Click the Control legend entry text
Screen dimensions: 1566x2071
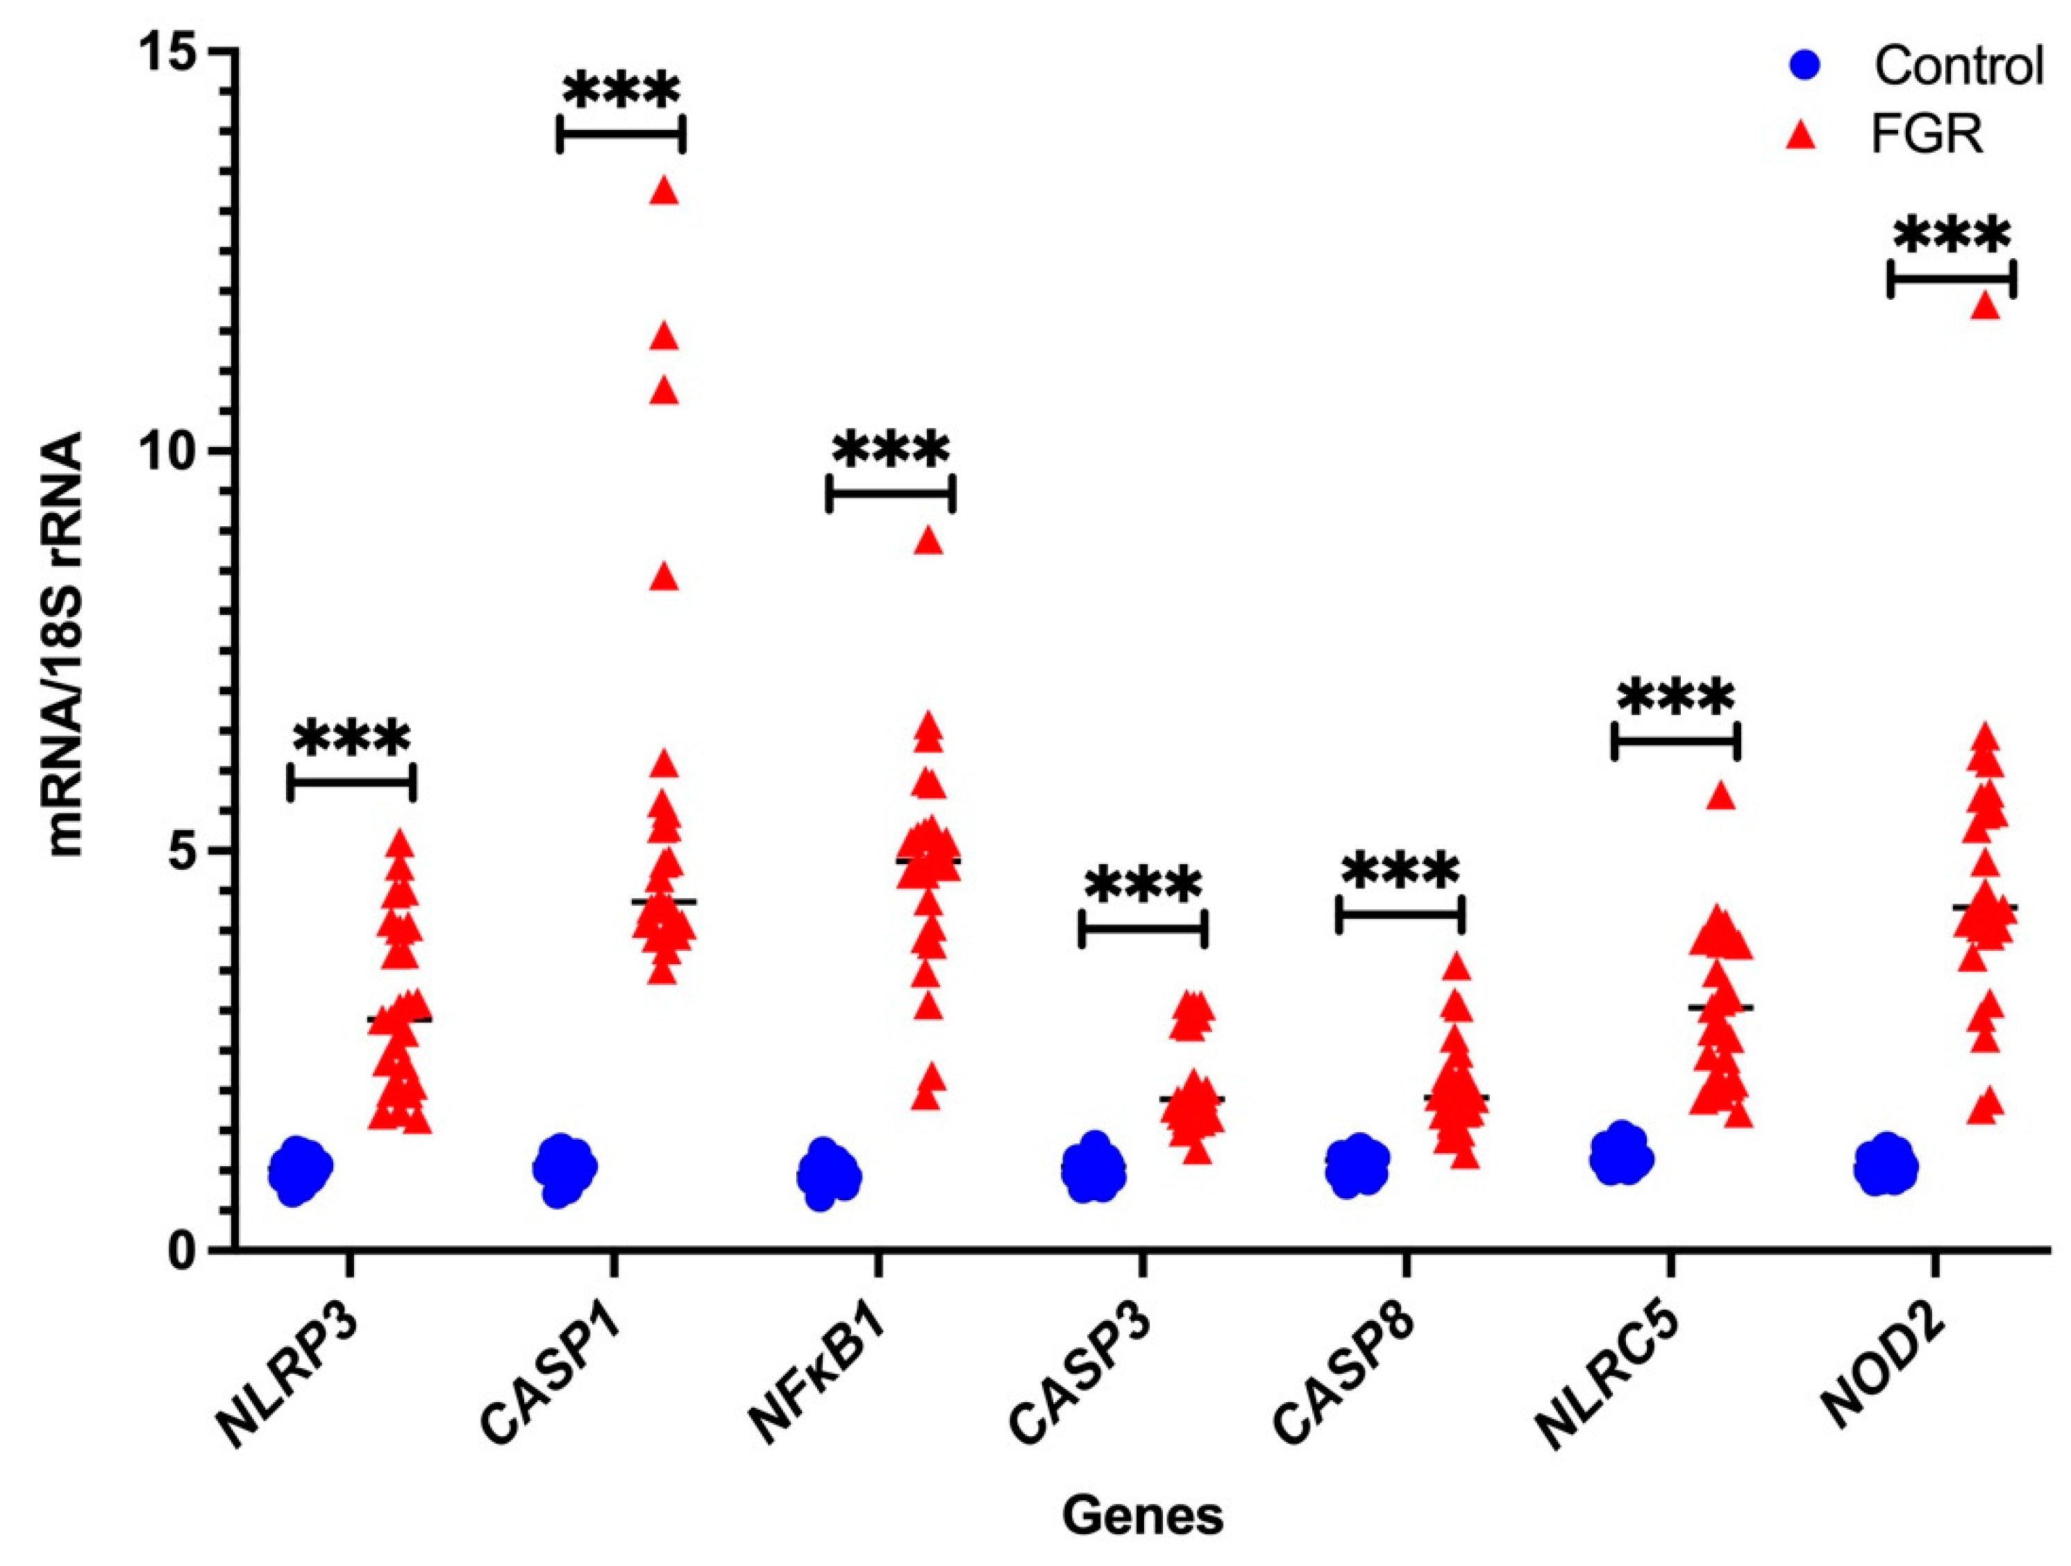tap(1958, 65)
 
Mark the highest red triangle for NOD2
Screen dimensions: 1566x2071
tap(1986, 306)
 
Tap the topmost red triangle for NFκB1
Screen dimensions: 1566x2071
tap(928, 541)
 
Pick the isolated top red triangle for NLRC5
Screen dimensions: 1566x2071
tap(1722, 795)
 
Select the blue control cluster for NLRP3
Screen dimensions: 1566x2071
tap(300, 1170)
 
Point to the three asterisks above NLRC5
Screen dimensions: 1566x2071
tap(1676, 698)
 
